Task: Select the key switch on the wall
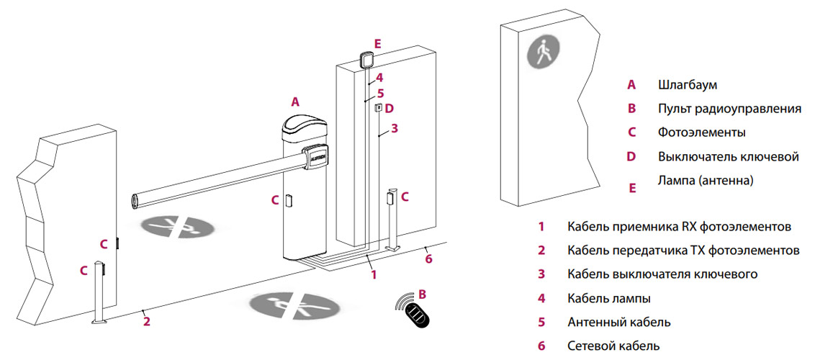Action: (x=378, y=108)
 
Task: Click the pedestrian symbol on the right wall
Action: (x=542, y=53)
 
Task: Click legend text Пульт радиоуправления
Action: (x=729, y=109)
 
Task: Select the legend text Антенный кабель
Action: (x=618, y=322)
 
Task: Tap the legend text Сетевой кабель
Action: (x=613, y=346)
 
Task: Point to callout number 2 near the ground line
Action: (x=146, y=321)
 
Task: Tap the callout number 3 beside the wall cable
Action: (x=394, y=130)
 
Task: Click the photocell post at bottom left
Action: (x=100, y=295)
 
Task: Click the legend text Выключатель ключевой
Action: (x=728, y=156)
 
